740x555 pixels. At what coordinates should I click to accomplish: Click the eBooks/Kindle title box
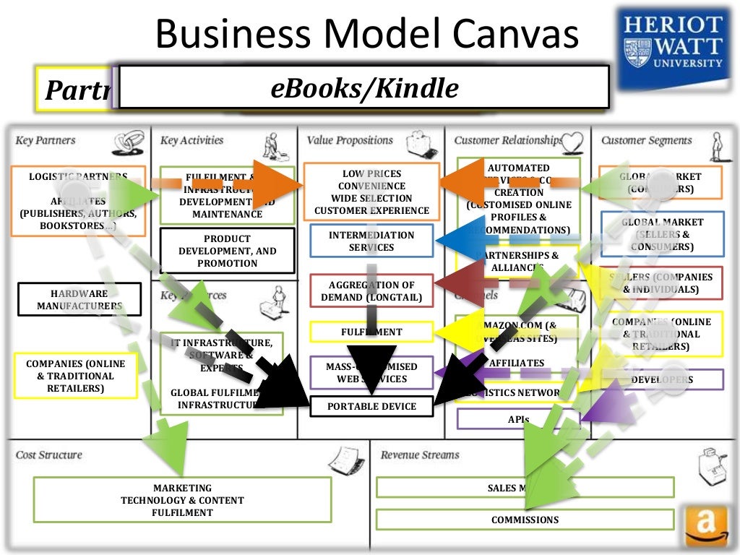click(x=364, y=87)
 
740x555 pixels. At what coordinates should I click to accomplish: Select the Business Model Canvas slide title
click(x=367, y=35)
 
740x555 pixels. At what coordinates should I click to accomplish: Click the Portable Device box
click(x=371, y=406)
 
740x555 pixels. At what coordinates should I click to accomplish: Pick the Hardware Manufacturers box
click(x=79, y=299)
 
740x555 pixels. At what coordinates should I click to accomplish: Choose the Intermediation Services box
click(x=371, y=241)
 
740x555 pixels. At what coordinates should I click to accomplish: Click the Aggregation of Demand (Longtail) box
click(x=371, y=291)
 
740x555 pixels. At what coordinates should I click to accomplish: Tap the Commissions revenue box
click(x=525, y=520)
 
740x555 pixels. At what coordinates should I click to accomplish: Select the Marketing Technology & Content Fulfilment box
click(x=182, y=500)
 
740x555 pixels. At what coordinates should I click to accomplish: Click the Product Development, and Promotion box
click(x=227, y=251)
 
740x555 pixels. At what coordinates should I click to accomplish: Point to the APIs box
click(x=518, y=419)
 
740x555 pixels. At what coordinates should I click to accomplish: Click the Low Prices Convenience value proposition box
click(x=371, y=192)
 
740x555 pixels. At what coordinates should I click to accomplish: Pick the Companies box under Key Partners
click(x=76, y=376)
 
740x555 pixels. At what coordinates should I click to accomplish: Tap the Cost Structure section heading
click(x=49, y=455)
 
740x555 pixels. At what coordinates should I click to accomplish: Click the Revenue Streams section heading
click(x=420, y=455)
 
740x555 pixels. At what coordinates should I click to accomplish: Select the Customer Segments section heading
click(x=646, y=140)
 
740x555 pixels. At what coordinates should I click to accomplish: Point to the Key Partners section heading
click(x=46, y=140)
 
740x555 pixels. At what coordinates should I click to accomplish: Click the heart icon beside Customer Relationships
click(x=572, y=140)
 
